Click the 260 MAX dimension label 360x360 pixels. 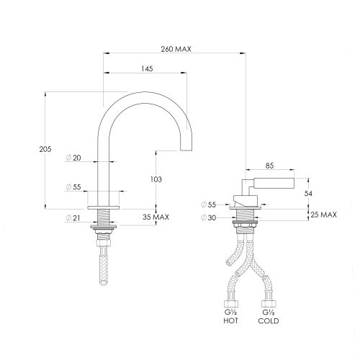tap(176, 48)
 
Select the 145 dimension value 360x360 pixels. tap(147, 68)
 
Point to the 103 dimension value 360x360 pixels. tap(157, 179)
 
